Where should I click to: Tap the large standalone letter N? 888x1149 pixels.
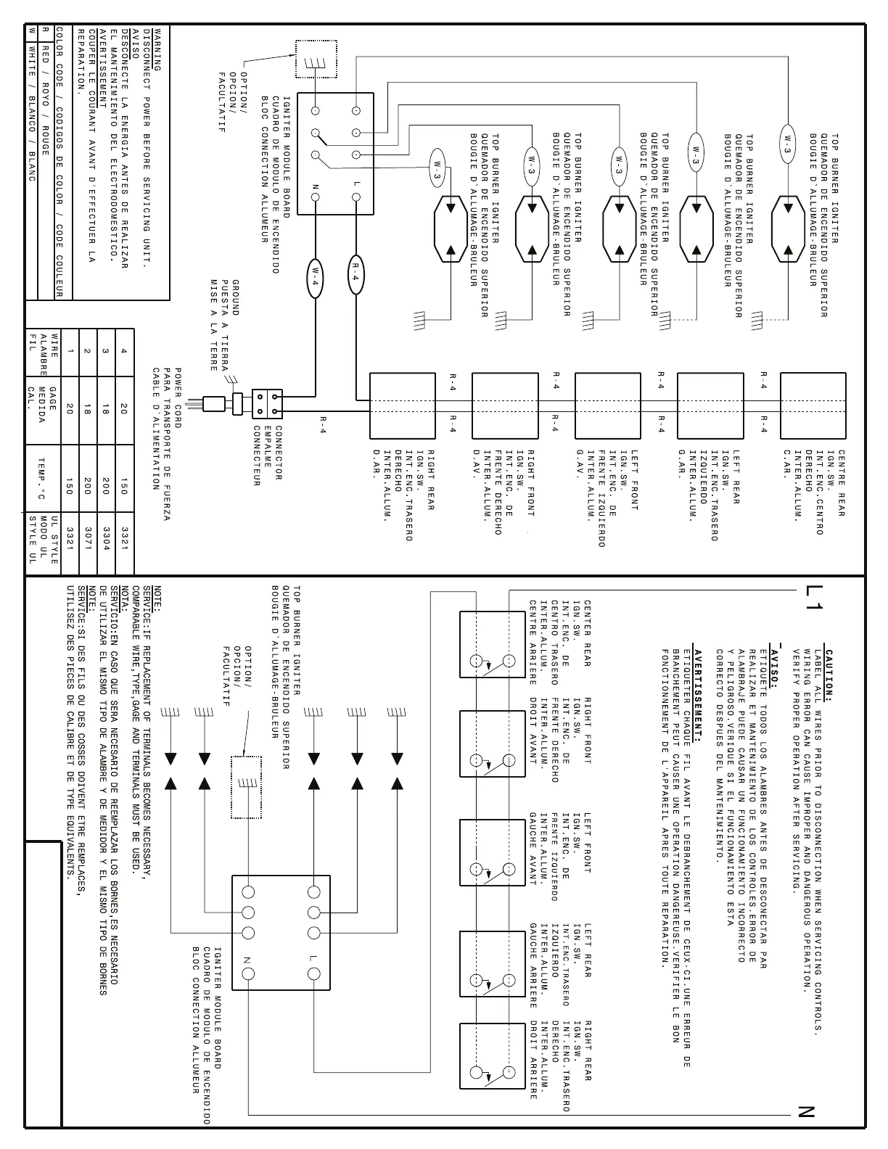(x=805, y=1112)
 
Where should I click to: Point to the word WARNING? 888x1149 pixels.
(x=157, y=49)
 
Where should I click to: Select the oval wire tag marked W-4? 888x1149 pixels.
(x=316, y=277)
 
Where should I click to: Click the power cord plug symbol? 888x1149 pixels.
(x=215, y=403)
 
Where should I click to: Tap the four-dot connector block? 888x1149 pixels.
(x=267, y=403)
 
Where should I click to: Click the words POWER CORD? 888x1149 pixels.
(x=179, y=398)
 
